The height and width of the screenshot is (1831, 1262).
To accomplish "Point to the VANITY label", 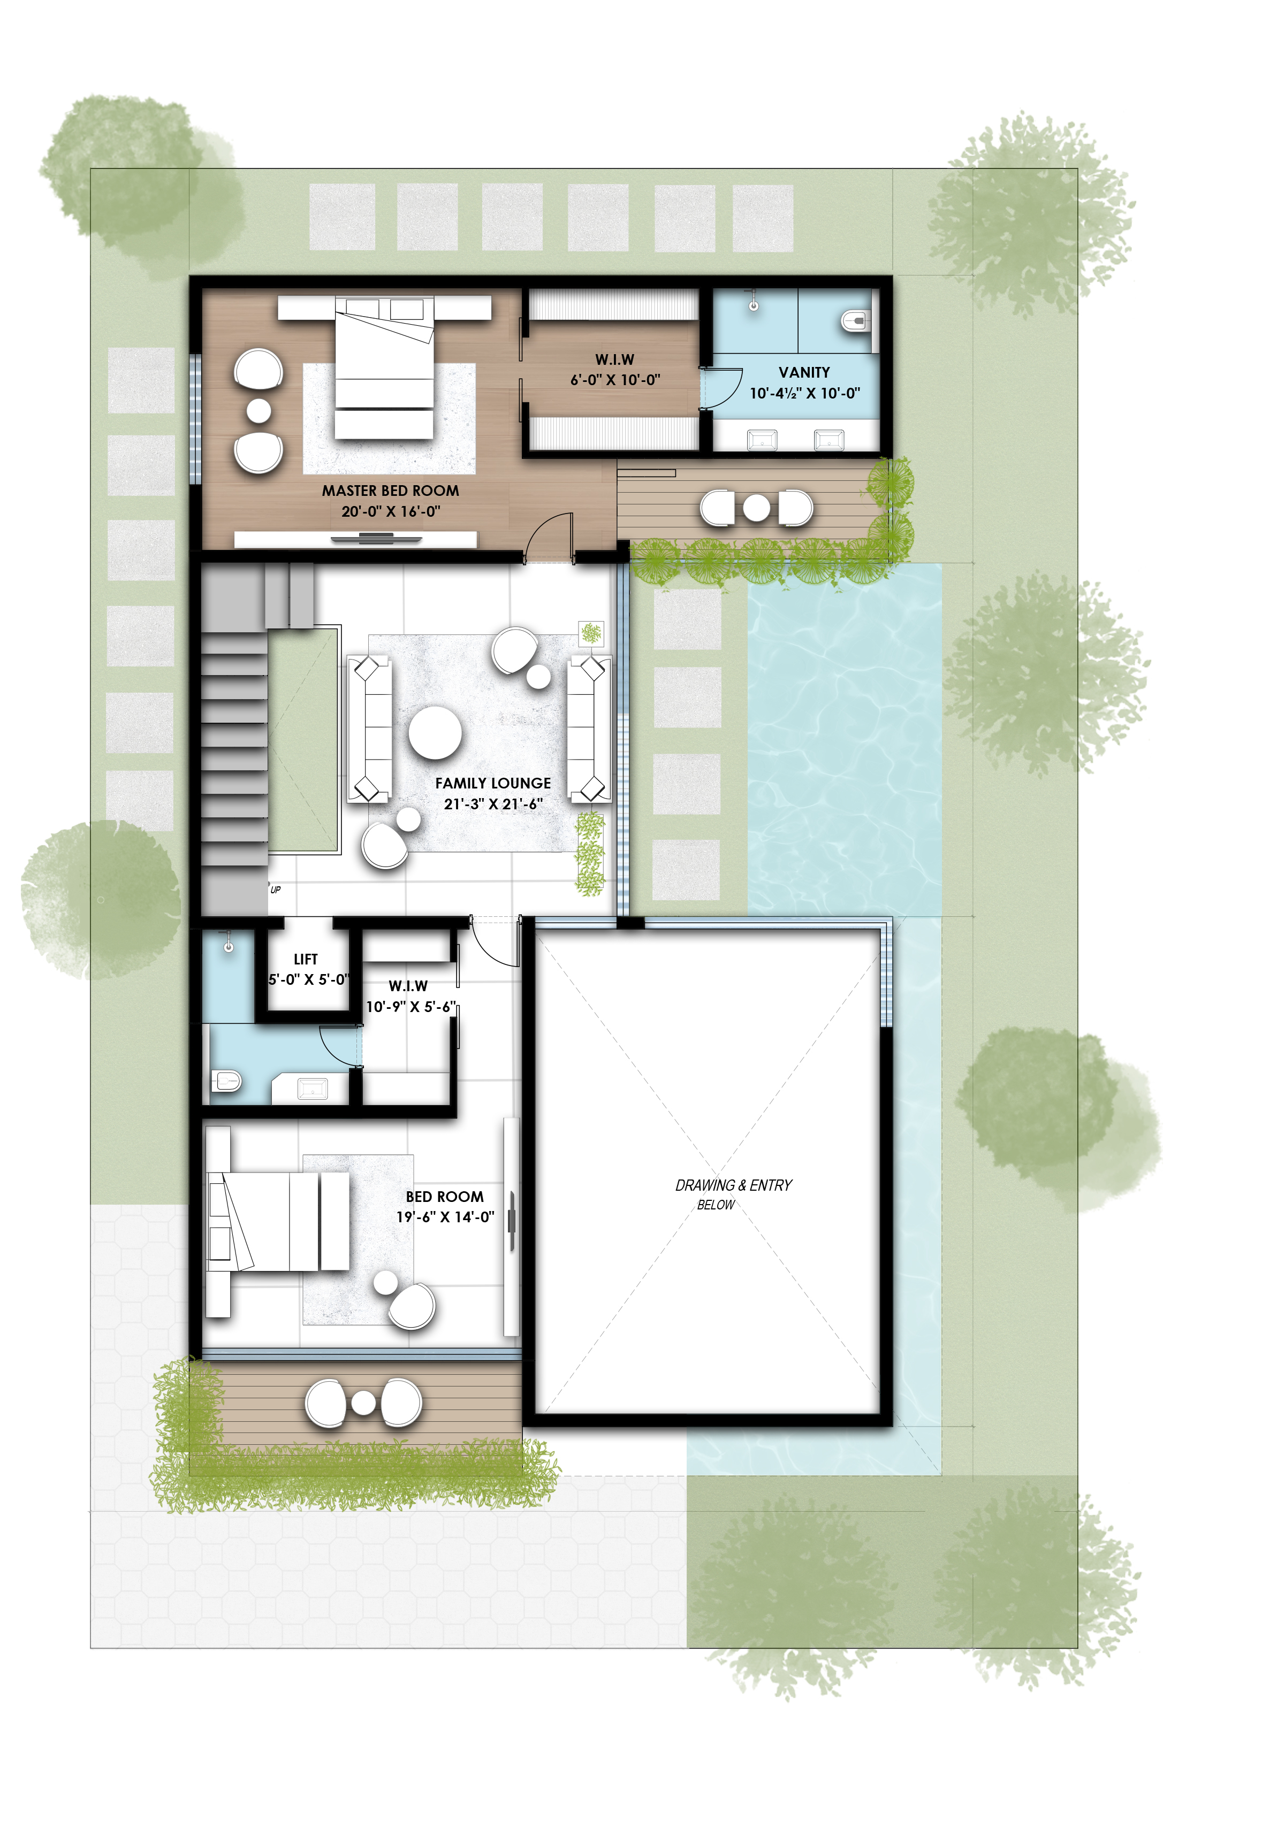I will click(804, 372).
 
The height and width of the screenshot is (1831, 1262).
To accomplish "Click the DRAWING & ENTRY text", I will click(733, 1185).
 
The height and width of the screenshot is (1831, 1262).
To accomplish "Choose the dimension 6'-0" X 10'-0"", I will click(615, 380).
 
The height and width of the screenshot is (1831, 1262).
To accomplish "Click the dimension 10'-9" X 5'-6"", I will click(409, 1007).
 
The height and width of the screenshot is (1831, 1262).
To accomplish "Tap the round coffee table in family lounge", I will click(435, 732).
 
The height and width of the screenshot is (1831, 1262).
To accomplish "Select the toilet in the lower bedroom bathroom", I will click(226, 1081).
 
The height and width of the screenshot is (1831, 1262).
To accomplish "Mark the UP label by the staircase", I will click(275, 890).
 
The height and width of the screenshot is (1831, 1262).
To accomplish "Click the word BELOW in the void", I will click(716, 1205).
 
